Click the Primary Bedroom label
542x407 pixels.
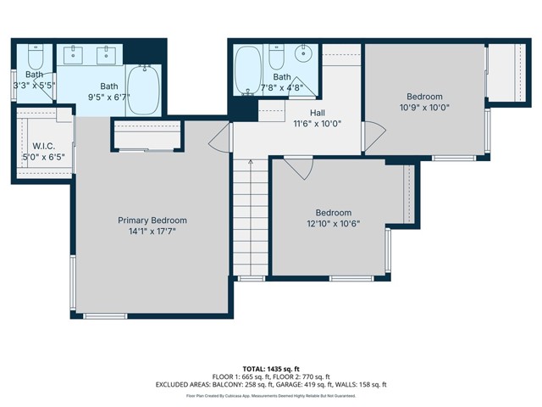152,220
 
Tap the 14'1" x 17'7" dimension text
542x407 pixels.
152,231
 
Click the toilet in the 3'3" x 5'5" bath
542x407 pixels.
35,59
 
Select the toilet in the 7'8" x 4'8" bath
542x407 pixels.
276,58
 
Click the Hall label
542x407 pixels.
294,113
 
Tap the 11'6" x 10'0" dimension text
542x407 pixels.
294,124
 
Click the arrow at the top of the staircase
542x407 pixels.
250,161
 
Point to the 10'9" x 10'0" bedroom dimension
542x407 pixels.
424,108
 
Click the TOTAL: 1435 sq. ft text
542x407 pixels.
271,369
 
